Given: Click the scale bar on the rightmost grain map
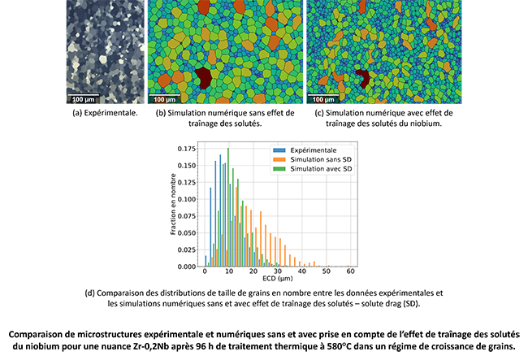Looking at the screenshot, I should point(322,99).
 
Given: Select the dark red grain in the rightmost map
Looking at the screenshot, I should point(361,79).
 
